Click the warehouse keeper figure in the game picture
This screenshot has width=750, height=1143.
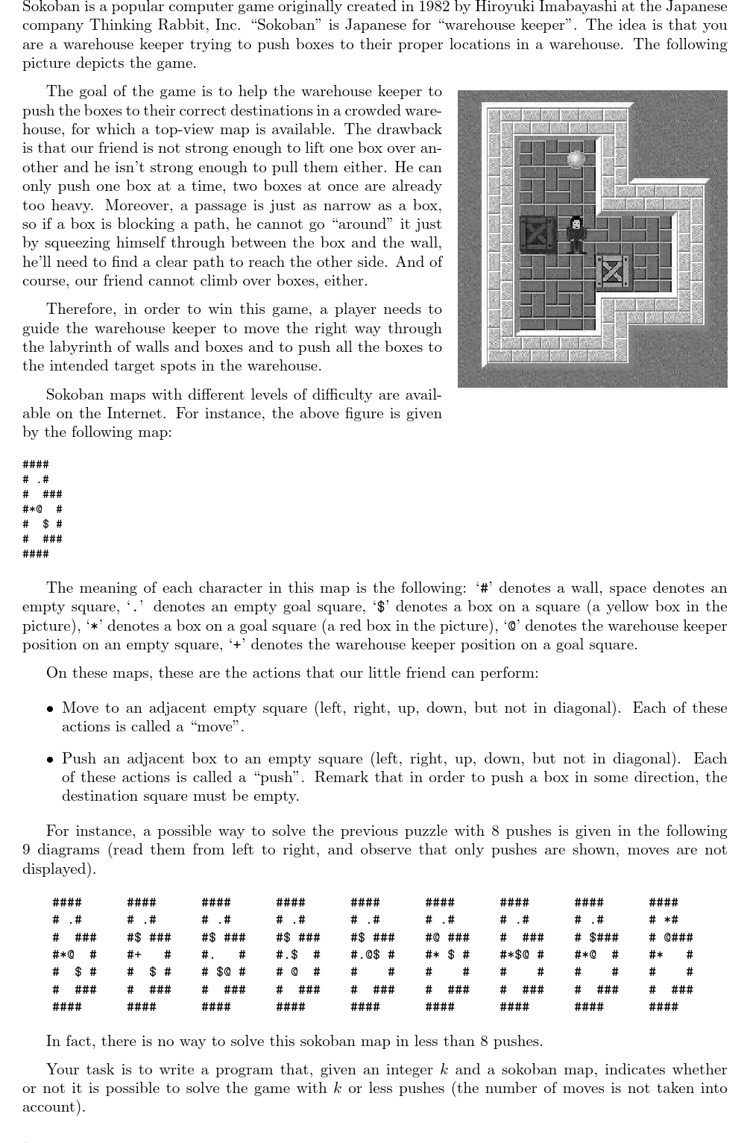point(575,234)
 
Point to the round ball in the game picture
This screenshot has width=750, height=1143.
point(576,159)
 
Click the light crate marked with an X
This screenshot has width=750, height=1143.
point(613,271)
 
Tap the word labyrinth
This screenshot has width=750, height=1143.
point(81,347)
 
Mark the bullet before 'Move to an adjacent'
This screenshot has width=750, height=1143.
point(50,708)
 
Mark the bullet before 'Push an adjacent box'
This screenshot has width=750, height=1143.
point(50,759)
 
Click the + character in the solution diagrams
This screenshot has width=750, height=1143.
point(138,954)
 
